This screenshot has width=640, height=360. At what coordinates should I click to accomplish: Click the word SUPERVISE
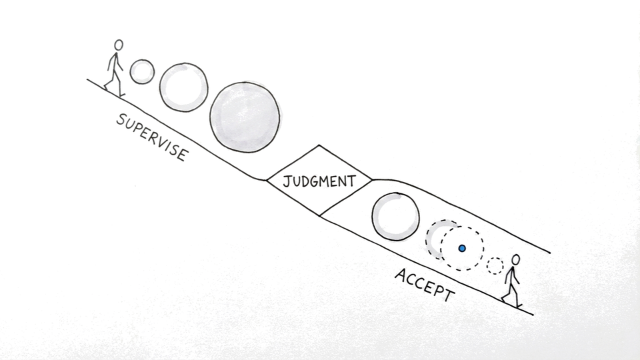[152, 138]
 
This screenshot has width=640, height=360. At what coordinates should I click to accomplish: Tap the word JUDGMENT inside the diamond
[318, 181]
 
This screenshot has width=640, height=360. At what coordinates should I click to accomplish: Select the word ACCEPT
[425, 285]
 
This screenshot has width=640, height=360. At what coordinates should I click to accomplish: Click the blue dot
[461, 248]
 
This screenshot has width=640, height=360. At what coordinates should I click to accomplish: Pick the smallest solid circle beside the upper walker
[142, 72]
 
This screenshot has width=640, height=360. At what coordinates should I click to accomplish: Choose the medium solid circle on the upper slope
[183, 87]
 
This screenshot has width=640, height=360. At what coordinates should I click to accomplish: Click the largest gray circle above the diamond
[244, 117]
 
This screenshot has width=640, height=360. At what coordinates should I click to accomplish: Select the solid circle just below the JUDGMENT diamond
[395, 217]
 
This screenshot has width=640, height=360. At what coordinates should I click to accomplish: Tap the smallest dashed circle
[494, 265]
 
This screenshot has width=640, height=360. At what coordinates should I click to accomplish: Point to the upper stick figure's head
[119, 45]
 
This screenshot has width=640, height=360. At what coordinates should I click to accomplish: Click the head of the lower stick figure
[515, 259]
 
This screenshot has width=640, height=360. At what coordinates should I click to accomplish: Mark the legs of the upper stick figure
[114, 81]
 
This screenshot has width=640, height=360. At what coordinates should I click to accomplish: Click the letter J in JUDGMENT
[287, 181]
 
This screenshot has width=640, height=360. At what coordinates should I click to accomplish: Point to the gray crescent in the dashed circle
[435, 239]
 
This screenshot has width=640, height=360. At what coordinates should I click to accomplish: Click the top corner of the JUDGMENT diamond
[319, 145]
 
